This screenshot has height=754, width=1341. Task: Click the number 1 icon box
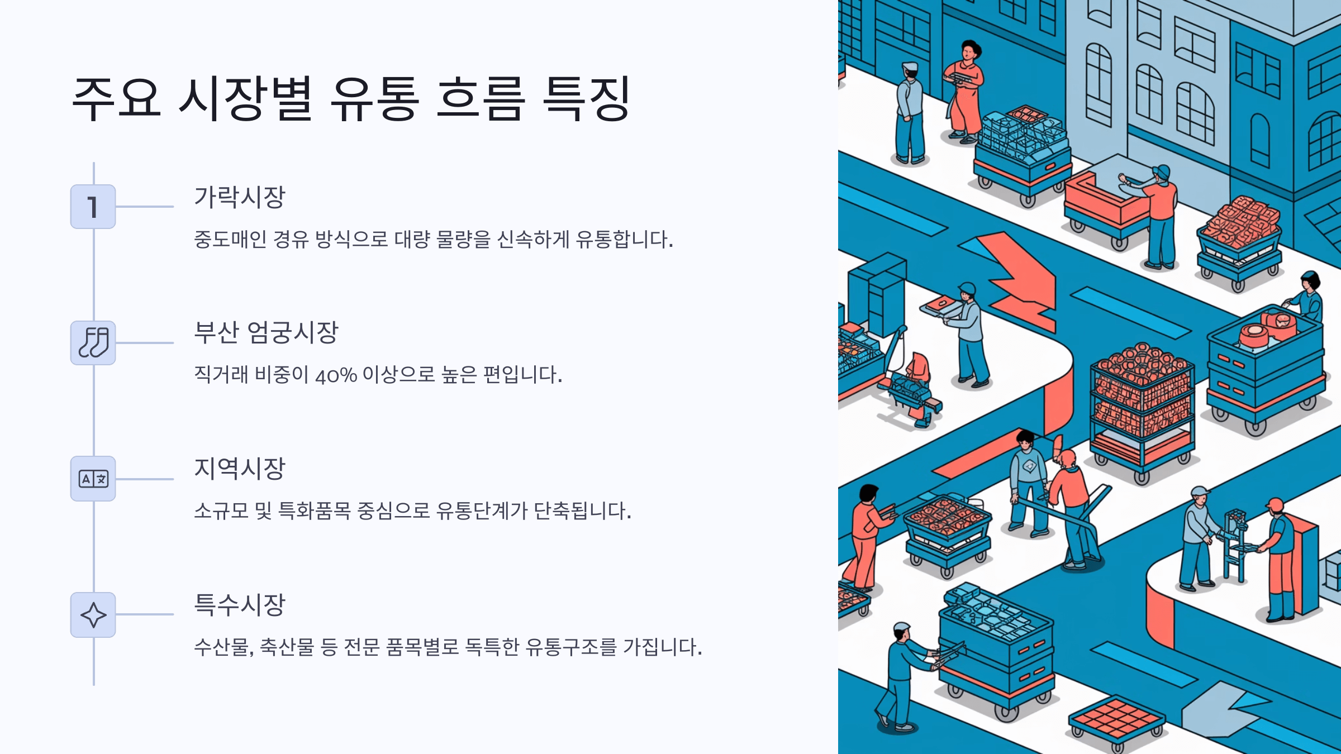pyautogui.click(x=93, y=207)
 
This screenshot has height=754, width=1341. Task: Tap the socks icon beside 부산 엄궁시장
pyautogui.click(x=93, y=343)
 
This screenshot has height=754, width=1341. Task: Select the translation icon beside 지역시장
pyautogui.click(x=93, y=479)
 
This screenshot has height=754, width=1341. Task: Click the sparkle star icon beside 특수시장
pyautogui.click(x=93, y=615)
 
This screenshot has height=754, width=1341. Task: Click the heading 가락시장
pyautogui.click(x=239, y=197)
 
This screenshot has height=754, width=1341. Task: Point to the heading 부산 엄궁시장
pyautogui.click(x=266, y=333)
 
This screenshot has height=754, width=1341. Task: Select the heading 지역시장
pyautogui.click(x=239, y=469)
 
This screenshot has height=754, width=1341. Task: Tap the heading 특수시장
pyautogui.click(x=239, y=605)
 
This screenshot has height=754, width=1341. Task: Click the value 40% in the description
pyautogui.click(x=336, y=375)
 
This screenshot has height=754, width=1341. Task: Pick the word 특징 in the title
pyautogui.click(x=587, y=99)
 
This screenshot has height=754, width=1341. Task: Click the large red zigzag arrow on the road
pyautogui.click(x=1017, y=279)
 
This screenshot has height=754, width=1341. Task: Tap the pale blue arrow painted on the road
pyautogui.click(x=1224, y=707)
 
